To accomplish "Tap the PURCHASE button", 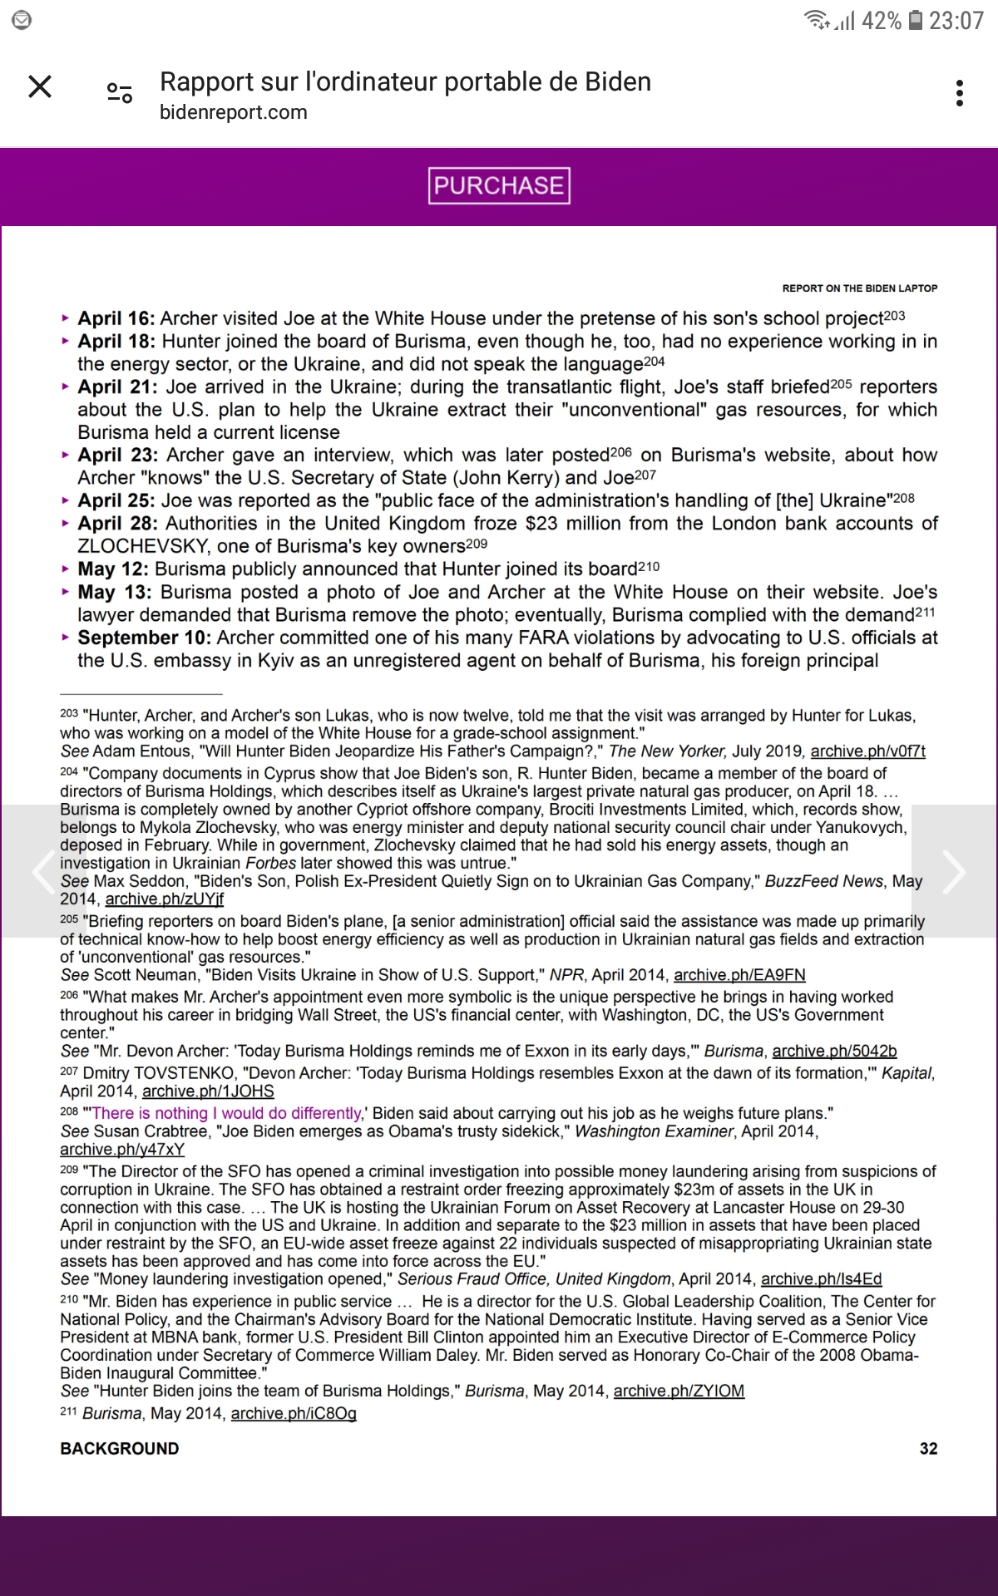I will point(499,185).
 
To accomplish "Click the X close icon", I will point(40,86).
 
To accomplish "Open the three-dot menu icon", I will point(960,93).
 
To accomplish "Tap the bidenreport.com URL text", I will point(234,112).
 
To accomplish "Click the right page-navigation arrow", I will point(955,871).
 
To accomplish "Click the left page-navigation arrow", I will point(42,871).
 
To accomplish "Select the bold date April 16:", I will point(116,318).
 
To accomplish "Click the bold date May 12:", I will point(113,569).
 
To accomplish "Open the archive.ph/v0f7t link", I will point(867,751).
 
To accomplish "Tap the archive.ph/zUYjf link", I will point(164,899).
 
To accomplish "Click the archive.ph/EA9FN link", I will point(739,975).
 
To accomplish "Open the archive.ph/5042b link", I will point(834,1051).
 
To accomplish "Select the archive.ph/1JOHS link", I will point(208,1091).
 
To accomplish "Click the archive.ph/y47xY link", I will point(122,1150).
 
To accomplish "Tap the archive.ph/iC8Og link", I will point(294,1413).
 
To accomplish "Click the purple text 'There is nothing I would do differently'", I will point(226,1113).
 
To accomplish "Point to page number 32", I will point(928,1448).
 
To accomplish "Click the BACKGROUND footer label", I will point(120,1448).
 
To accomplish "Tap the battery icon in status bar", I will point(915,20).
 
